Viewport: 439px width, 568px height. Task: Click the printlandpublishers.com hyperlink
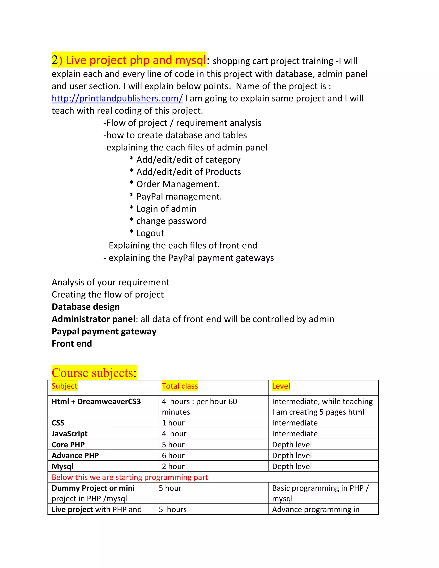click(x=117, y=99)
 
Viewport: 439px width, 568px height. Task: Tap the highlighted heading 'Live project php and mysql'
click(x=129, y=60)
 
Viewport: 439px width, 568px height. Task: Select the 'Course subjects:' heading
click(x=94, y=373)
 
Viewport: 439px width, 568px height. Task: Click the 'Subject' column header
click(x=65, y=386)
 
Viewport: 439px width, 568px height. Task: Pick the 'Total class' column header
click(x=180, y=386)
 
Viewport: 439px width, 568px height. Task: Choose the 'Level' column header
click(x=281, y=386)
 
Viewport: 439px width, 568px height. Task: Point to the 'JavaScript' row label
click(x=69, y=434)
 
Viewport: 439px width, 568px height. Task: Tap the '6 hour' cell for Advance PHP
click(x=173, y=456)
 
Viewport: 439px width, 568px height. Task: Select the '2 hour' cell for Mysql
click(x=173, y=467)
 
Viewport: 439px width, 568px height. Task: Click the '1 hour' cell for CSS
click(x=173, y=423)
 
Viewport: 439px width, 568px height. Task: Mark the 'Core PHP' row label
click(x=68, y=445)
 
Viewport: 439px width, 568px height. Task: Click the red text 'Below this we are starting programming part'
click(x=130, y=478)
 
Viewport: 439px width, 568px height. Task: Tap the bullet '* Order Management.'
click(x=174, y=184)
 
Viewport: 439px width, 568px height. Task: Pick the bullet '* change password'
click(x=168, y=221)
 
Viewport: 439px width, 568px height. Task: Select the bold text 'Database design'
click(x=86, y=307)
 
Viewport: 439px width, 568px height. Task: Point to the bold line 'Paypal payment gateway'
click(x=104, y=332)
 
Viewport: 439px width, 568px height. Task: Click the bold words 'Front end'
click(x=72, y=344)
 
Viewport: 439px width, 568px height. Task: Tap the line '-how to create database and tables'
click(x=175, y=135)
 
